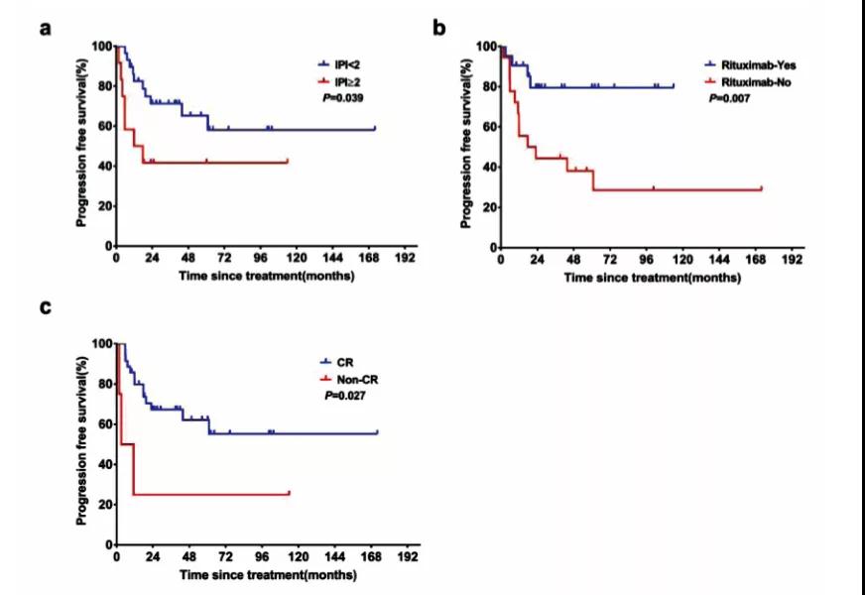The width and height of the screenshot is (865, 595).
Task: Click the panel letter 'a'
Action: coord(46,27)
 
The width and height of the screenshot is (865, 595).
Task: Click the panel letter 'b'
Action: coord(439,27)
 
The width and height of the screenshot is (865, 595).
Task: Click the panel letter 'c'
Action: coord(46,306)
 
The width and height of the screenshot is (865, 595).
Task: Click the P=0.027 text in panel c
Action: coord(345,394)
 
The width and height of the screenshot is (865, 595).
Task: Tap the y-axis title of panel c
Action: coord(81,443)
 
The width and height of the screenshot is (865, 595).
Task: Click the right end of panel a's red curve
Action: coord(287,161)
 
